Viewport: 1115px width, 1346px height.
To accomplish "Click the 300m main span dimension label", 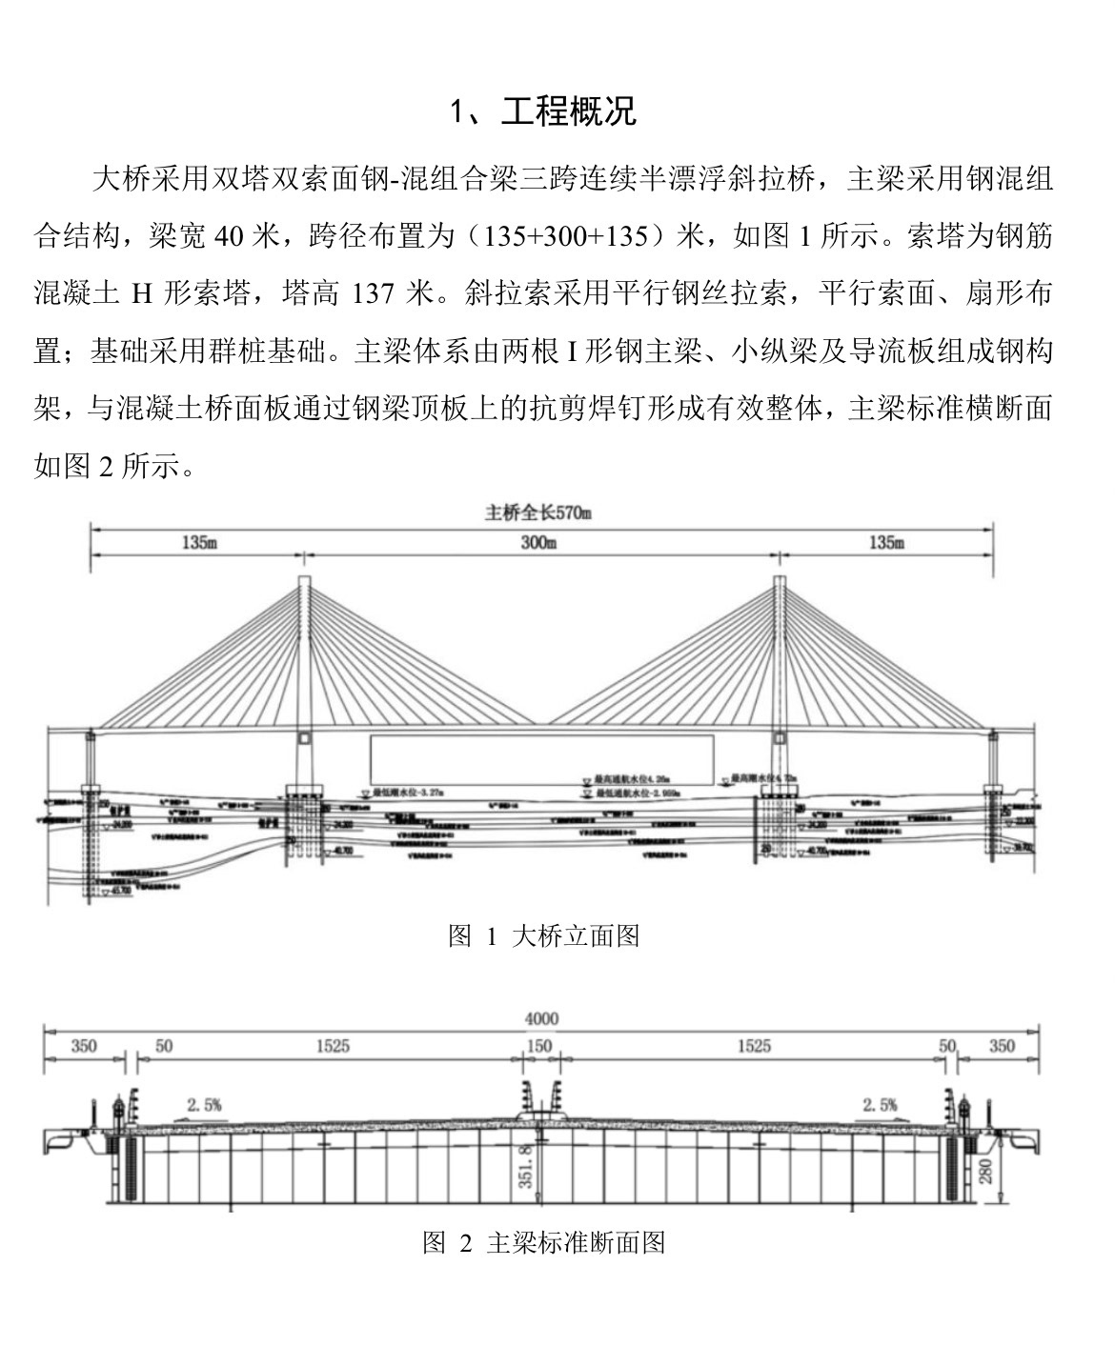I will tap(538, 543).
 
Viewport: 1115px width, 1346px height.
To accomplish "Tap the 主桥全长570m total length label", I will tap(538, 513).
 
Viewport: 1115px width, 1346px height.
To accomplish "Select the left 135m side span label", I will tap(198, 543).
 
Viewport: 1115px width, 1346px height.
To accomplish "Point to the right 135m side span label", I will tap(886, 543).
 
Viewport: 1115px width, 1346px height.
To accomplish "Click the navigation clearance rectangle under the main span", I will tap(541, 759).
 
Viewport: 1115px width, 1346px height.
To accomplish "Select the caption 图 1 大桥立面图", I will tap(543, 935).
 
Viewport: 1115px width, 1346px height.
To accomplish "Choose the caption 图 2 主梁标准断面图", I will tap(543, 1242).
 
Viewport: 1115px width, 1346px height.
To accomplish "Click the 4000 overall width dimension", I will tap(541, 1018).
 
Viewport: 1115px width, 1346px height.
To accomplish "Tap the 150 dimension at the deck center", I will tap(539, 1046).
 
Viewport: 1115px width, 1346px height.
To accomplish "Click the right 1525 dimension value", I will tap(753, 1046).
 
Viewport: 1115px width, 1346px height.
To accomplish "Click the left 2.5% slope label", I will tap(204, 1105).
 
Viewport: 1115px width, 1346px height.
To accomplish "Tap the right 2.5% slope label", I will tap(881, 1105).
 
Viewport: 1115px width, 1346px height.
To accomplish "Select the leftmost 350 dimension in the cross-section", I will tap(84, 1046).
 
